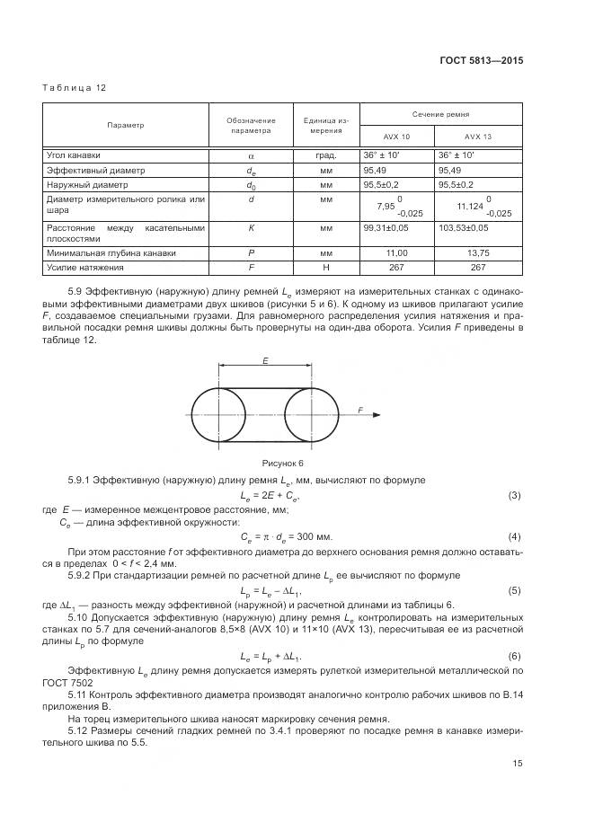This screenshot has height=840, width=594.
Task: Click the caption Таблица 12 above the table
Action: point(75,88)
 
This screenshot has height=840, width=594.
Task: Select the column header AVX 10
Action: point(395,137)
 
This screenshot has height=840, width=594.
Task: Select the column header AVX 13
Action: point(477,137)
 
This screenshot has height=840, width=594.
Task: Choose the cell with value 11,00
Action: point(395,253)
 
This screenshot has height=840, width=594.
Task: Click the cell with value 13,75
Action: point(477,253)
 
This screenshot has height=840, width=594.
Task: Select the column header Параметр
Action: point(126,125)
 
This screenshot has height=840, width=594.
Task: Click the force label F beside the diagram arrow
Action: point(359,409)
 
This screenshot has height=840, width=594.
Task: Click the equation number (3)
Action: point(515,496)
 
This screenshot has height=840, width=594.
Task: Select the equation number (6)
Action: point(515,656)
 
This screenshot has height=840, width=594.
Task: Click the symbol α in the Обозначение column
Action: point(252,155)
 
